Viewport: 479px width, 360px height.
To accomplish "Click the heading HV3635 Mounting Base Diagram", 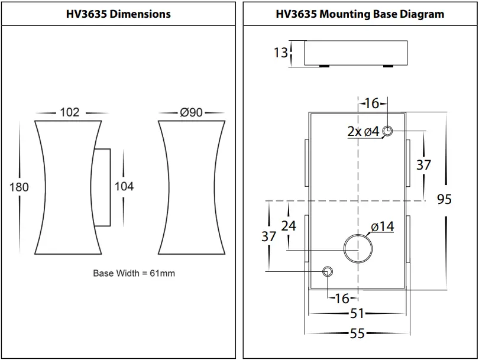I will click(x=360, y=14).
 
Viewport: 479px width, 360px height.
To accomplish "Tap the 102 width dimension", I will click(x=70, y=112).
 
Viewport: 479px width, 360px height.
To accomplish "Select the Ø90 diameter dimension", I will click(x=191, y=112).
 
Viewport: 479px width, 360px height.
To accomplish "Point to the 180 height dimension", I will click(x=20, y=187).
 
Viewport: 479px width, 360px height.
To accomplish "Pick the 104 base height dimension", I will click(x=124, y=187).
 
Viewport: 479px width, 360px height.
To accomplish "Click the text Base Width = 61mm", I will click(x=134, y=273).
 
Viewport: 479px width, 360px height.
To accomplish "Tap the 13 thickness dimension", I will click(x=280, y=53).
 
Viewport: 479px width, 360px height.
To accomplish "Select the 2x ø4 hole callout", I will click(x=363, y=132).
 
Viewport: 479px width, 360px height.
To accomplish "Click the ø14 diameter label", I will click(x=383, y=226).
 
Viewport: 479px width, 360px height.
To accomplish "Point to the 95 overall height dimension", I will click(x=444, y=199).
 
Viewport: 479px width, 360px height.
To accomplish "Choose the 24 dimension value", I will click(x=289, y=226).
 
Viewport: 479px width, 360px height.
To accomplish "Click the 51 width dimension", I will click(x=357, y=314).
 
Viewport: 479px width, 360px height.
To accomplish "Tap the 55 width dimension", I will click(x=357, y=333).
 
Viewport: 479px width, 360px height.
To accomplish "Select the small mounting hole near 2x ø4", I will click(x=388, y=131).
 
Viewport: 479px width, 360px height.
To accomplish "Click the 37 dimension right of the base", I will click(x=423, y=165).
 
